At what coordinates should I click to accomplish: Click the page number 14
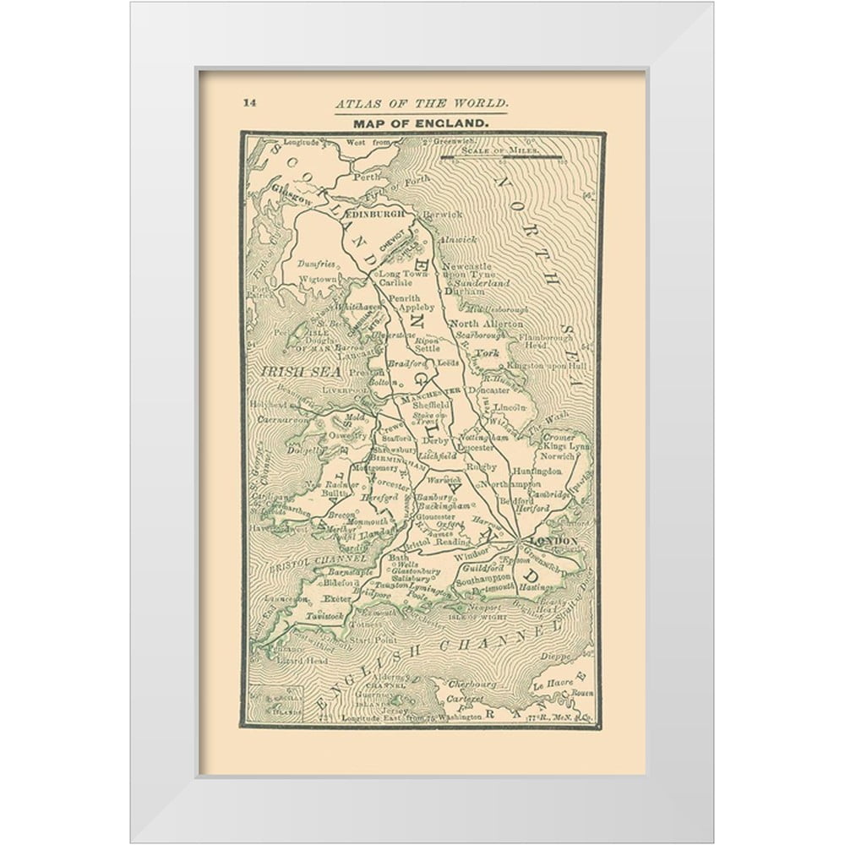point(249,103)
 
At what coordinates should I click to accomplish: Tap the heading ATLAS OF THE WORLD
point(422,104)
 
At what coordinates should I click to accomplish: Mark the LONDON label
point(552,540)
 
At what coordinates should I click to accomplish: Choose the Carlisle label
point(395,285)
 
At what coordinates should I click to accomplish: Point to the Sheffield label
point(432,406)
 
